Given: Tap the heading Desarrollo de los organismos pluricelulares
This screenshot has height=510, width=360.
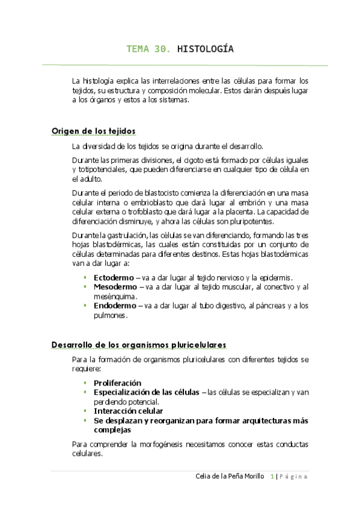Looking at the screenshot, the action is click(x=139, y=345).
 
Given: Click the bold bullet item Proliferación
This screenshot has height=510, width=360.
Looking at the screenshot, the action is click(x=117, y=382).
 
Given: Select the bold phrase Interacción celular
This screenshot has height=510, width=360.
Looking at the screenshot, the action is click(x=129, y=411).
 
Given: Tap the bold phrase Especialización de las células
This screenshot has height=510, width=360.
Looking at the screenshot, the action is click(x=146, y=392).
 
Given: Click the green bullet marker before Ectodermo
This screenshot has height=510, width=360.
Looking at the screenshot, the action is click(x=85, y=277).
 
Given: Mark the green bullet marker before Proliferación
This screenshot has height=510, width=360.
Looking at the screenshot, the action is click(x=85, y=382).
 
